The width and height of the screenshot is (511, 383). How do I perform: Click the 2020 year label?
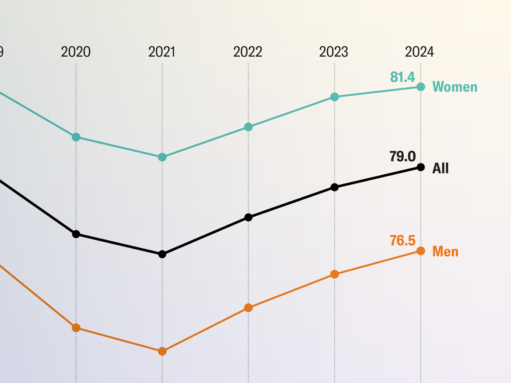[76, 52]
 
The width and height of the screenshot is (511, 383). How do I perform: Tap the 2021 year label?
[162, 52]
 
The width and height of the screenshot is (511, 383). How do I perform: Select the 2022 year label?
[248, 52]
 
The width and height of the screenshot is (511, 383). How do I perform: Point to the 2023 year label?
[334, 52]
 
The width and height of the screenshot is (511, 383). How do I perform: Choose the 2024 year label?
[420, 52]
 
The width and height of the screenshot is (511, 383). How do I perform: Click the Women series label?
[455, 87]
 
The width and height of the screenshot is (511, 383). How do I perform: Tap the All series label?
[440, 169]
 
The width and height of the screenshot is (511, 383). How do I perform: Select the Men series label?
[445, 252]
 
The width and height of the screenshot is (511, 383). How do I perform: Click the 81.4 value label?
[402, 77]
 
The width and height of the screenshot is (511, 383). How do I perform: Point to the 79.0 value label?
[402, 157]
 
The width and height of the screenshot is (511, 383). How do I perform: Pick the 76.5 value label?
[402, 240]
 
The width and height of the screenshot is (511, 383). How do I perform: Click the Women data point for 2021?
[162, 157]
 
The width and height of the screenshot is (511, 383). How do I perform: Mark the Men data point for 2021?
[162, 351]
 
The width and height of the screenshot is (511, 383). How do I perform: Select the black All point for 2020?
[76, 234]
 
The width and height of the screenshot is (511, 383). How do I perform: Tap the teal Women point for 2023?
[335, 97]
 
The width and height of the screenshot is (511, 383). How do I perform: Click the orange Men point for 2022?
[249, 308]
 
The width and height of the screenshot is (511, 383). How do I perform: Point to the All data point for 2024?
[421, 167]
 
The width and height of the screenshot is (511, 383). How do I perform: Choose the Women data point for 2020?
[76, 137]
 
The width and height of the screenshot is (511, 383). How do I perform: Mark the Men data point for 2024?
[421, 251]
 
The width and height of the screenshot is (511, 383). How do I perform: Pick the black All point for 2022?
[249, 217]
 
